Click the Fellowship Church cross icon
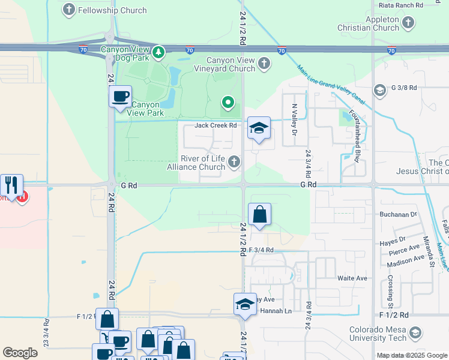pos(70,10)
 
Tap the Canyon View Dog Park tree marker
pos(158,53)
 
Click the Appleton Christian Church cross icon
pos(408,23)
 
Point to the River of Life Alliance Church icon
pos(234,161)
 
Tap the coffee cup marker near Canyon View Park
pos(120,96)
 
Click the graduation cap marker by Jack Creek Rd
pos(259,128)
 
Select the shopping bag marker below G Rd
pos(259,214)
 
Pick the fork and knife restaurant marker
pos(11,185)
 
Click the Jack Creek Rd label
pos(216,125)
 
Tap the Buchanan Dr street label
pos(397,214)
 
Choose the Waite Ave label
pos(352,278)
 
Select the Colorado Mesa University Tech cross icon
pos(415,333)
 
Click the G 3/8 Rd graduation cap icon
pos(379,90)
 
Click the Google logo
pos(20,353)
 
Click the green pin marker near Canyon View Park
pos(228,103)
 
